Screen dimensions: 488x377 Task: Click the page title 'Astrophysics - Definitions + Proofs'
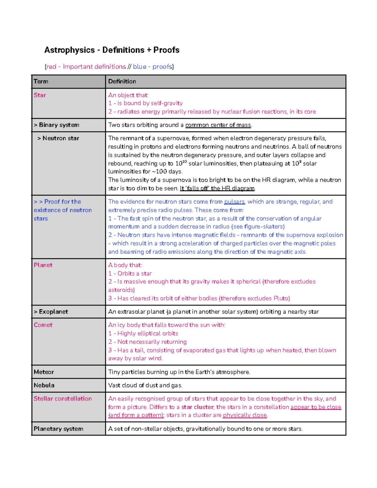point(112,50)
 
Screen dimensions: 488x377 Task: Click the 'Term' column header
point(41,81)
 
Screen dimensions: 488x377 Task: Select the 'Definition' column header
point(122,81)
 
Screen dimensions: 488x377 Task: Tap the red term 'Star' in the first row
point(40,95)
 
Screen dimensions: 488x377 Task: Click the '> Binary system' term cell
point(57,125)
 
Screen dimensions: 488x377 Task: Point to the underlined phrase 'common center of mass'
point(218,125)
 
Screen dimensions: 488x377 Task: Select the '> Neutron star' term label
point(58,138)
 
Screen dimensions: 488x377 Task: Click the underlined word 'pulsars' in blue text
point(234,202)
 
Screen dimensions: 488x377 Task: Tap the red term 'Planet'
point(43,265)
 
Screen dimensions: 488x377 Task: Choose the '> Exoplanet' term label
point(51,312)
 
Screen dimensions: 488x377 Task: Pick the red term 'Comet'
point(43,325)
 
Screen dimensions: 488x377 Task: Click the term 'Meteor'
point(44,372)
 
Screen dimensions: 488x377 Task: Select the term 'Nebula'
point(44,385)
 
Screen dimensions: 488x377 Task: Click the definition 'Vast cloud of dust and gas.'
point(145,385)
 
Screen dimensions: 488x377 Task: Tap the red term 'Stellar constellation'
point(63,399)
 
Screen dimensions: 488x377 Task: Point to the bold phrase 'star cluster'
point(198,407)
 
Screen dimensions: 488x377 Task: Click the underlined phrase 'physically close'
point(245,415)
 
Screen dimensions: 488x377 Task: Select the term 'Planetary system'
point(58,429)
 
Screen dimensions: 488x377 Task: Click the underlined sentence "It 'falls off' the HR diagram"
point(217,189)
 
